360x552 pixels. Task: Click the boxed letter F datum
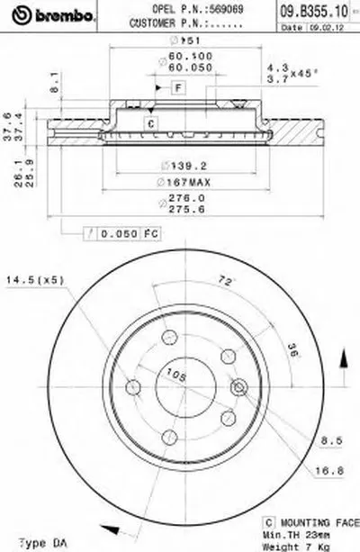tap(178, 86)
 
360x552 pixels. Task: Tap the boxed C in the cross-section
tap(150, 123)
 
